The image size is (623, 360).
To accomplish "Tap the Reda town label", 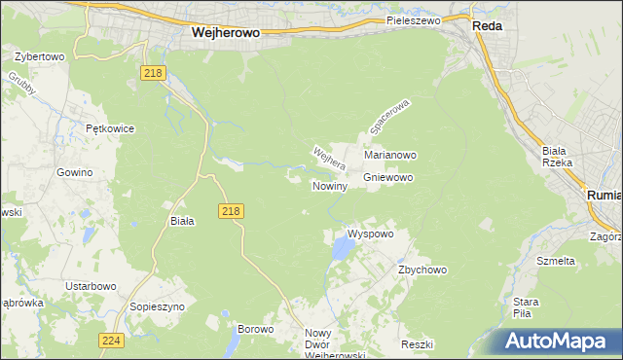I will (x=487, y=26).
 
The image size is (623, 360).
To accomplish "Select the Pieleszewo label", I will (x=414, y=19).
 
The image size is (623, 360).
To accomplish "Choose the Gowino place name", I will (x=74, y=172).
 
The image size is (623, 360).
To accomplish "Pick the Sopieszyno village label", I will (x=157, y=306).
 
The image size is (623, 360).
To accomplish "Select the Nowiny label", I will (x=330, y=186).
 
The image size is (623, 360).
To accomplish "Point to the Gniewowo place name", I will (x=388, y=178).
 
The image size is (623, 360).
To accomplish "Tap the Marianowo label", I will (x=390, y=155).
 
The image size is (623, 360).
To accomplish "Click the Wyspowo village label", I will (x=370, y=234).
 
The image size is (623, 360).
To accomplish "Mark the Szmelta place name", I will (x=556, y=261).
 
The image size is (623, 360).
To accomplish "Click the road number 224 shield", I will (x=110, y=340).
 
